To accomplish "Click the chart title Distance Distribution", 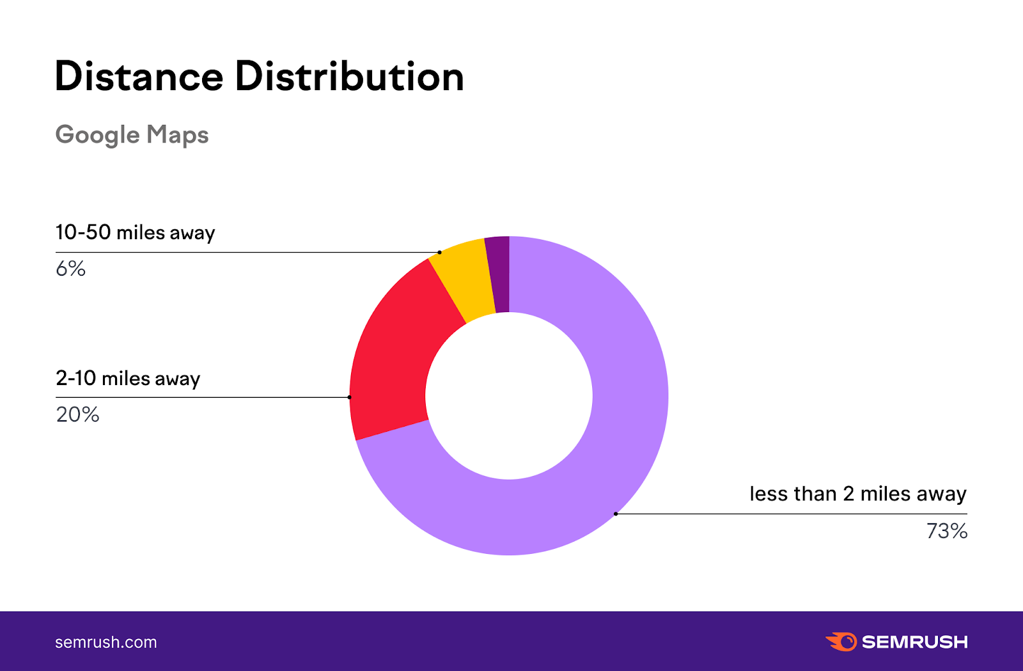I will click(259, 77).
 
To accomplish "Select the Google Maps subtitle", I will click(132, 135).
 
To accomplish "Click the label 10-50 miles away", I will click(135, 232).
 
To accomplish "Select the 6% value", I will click(70, 269).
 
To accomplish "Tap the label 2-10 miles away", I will click(128, 378).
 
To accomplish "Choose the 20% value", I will click(77, 414).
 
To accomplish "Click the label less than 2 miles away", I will click(857, 494).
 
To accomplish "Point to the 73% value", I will click(946, 531).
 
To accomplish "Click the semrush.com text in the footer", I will click(106, 642).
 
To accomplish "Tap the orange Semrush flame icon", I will click(841, 642).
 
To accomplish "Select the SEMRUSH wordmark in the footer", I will click(914, 642).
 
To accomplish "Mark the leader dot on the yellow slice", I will click(439, 252).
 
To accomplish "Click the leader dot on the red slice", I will click(349, 397).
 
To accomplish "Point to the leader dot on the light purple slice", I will click(616, 514).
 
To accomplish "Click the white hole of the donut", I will click(509, 396).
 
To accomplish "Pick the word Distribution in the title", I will click(349, 77).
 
